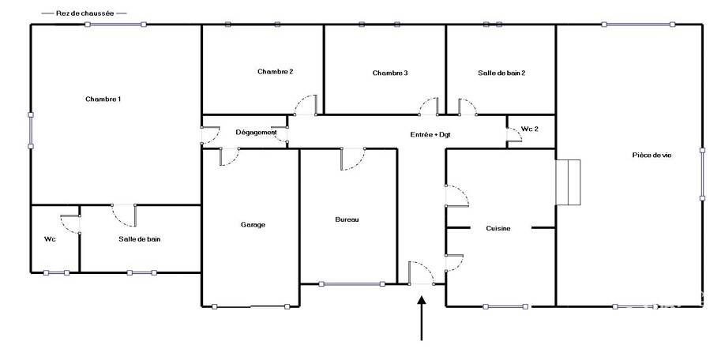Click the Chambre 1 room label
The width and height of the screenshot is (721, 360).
click(x=103, y=99)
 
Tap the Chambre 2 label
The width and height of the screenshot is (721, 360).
click(x=276, y=71)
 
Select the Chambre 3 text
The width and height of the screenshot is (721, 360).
click(x=390, y=73)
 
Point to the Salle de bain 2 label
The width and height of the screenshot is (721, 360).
click(x=501, y=73)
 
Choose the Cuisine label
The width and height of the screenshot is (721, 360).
click(x=498, y=228)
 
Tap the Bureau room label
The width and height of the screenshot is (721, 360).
click(x=347, y=219)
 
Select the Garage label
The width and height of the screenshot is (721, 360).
click(x=253, y=225)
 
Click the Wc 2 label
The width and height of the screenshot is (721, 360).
click(x=529, y=129)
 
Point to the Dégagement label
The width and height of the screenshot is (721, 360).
click(x=256, y=133)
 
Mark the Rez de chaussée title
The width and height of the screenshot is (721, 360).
click(x=84, y=13)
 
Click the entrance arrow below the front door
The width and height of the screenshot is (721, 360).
click(x=422, y=319)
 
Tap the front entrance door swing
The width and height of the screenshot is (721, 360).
click(x=421, y=274)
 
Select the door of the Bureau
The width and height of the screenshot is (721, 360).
click(x=353, y=159)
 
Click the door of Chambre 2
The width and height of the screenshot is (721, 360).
click(x=306, y=105)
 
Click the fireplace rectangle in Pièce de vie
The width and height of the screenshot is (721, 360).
click(x=568, y=182)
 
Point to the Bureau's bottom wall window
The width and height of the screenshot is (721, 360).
click(x=351, y=284)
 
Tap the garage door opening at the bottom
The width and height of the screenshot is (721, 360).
click(x=250, y=306)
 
